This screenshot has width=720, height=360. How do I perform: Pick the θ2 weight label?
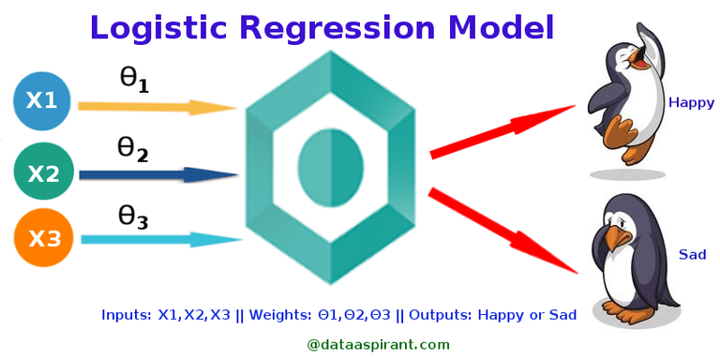tap(132, 148)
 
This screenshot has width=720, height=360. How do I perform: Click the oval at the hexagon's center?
tap(331, 168)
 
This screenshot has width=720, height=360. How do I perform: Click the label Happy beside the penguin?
tap(691, 103)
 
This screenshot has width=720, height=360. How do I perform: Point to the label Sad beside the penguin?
tap(692, 254)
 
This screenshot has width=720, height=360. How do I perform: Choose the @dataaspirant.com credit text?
tap(379, 344)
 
